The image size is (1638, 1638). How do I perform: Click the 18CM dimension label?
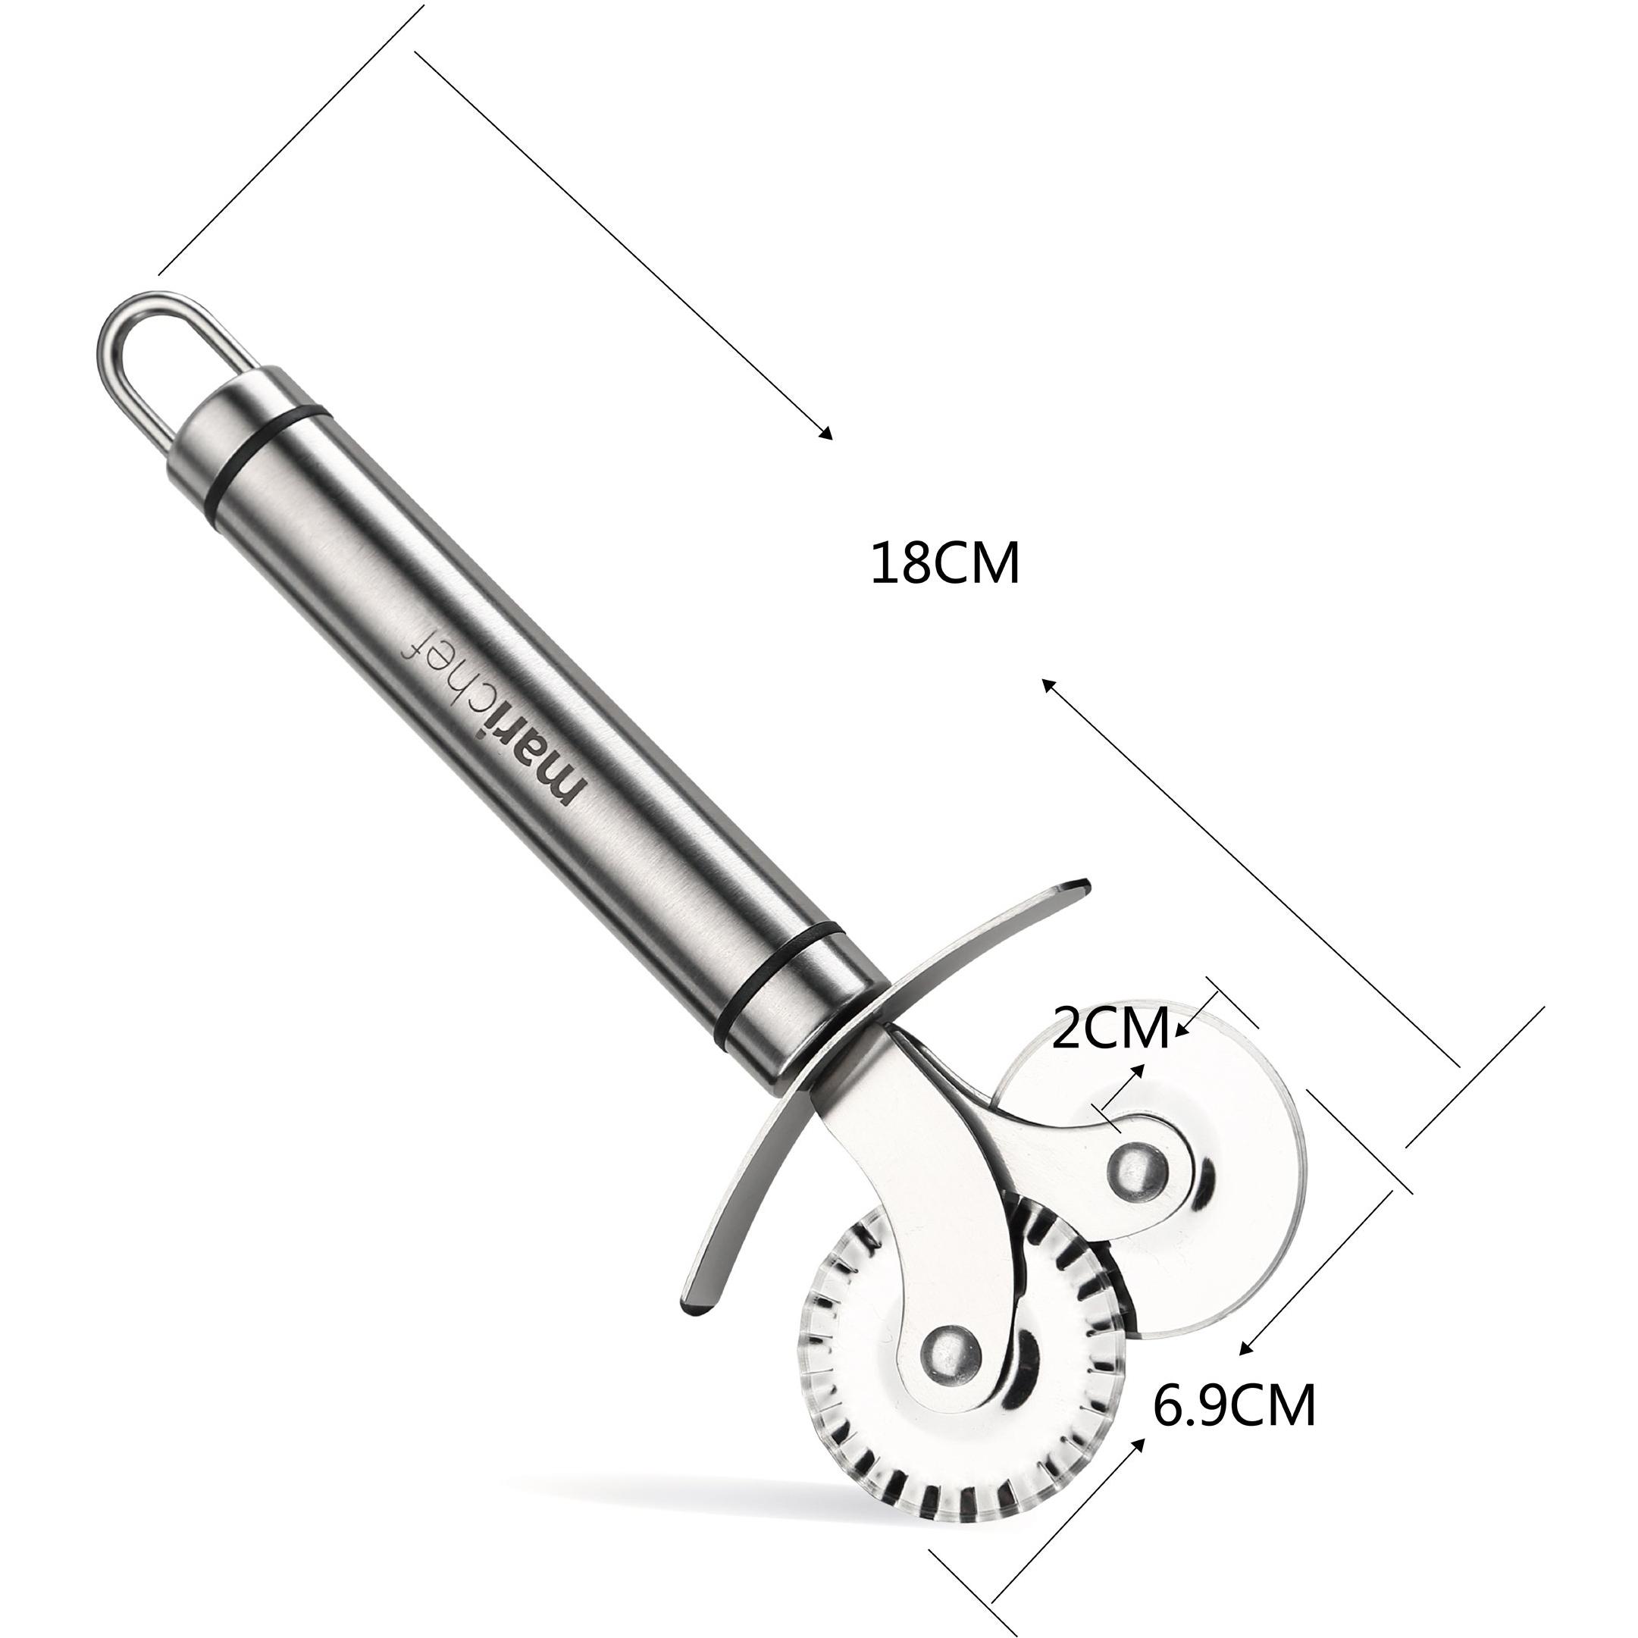pyautogui.click(x=945, y=564)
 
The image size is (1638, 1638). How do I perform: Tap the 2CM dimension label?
pyautogui.click(x=1110, y=1029)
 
